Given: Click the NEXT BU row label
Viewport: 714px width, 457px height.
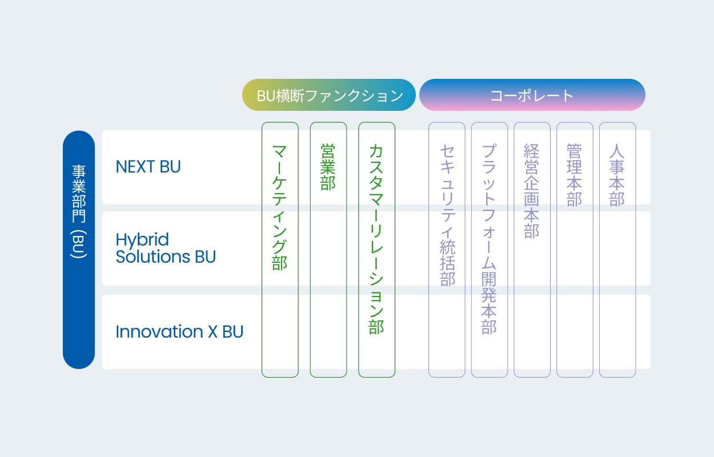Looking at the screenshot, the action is [148, 167].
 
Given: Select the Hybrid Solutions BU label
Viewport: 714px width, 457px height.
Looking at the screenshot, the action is [166, 248].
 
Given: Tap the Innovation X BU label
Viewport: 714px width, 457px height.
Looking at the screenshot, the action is [179, 331].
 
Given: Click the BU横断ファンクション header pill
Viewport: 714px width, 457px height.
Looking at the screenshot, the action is [329, 95].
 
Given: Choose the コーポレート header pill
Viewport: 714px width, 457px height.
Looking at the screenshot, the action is [532, 95].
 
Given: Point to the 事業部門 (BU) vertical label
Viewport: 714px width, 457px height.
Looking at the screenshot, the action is [79, 211].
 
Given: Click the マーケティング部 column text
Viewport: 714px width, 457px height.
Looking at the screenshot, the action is [279, 207].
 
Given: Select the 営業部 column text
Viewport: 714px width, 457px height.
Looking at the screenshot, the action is [328, 167].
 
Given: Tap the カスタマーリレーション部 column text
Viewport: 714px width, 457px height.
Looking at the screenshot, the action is [376, 239].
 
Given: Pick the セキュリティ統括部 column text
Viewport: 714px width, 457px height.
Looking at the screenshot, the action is [447, 215].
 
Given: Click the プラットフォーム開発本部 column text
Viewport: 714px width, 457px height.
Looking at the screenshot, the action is [490, 239].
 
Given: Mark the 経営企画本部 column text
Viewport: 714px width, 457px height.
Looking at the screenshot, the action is [532, 191].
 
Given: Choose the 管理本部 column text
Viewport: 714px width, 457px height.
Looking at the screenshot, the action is [575, 175].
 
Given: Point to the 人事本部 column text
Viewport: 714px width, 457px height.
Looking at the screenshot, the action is [617, 175].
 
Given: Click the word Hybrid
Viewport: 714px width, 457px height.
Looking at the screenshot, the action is [142, 240].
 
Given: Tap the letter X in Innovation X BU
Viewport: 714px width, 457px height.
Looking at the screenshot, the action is [212, 331].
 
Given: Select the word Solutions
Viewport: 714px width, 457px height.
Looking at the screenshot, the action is [153, 256].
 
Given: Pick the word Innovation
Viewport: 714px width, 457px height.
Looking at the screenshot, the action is [159, 331].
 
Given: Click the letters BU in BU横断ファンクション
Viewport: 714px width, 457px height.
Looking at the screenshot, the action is [266, 95].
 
